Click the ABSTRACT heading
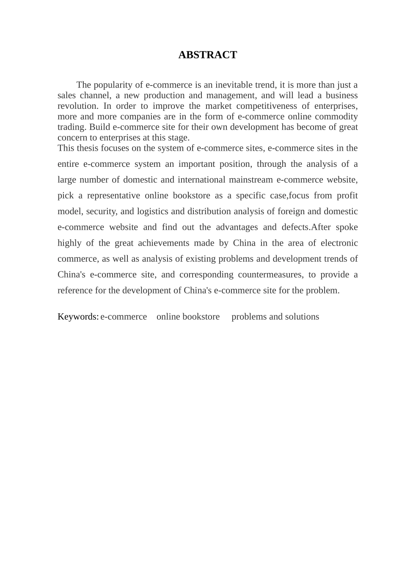[207, 55]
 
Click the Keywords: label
[78, 317]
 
